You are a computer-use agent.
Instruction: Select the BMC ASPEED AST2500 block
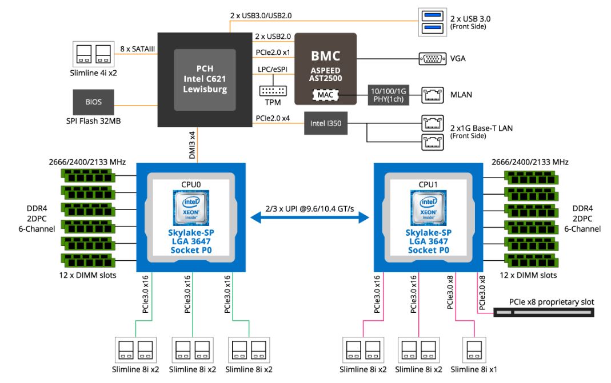325,68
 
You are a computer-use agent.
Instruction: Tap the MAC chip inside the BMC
325,94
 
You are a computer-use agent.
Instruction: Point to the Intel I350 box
326,122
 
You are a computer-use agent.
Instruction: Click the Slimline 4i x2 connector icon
93,53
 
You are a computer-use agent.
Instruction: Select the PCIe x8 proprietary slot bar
543,312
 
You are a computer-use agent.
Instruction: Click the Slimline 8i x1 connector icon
473,350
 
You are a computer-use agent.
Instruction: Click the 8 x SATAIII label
137,50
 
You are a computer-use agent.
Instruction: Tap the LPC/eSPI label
271,70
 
